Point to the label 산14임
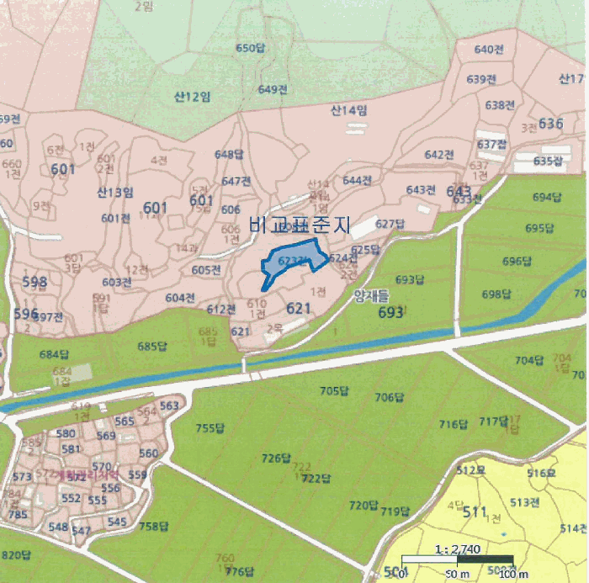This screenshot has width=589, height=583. coord(348,110)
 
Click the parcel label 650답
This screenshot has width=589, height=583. coord(251,49)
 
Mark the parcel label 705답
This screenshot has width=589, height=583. coord(334,390)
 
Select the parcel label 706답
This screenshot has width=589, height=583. coord(390,397)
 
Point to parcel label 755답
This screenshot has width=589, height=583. coord(210,428)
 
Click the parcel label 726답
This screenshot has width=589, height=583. coord(276,458)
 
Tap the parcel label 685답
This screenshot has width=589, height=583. coord(152,346)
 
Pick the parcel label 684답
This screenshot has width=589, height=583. coord(55,353)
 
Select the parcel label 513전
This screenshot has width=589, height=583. coord(524,502)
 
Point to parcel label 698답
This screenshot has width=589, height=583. coord(496,294)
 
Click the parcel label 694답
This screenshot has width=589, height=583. coord(547,197)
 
